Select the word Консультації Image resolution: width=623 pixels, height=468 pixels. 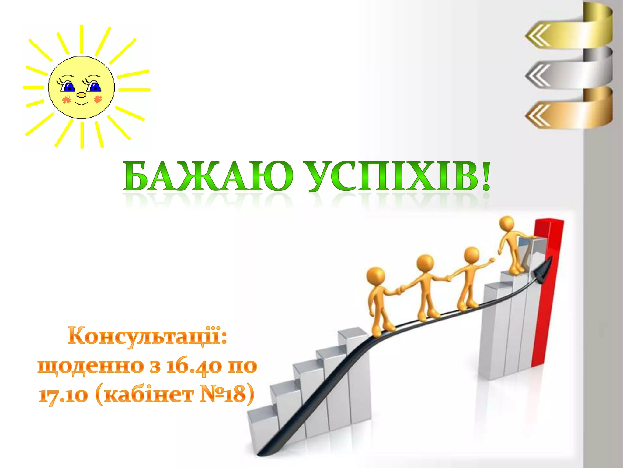coord(147,336)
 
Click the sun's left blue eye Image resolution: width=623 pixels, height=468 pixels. coord(68,87)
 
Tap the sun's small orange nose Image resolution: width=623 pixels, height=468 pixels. coord(81,95)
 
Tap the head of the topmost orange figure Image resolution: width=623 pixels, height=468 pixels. coord(507,224)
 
